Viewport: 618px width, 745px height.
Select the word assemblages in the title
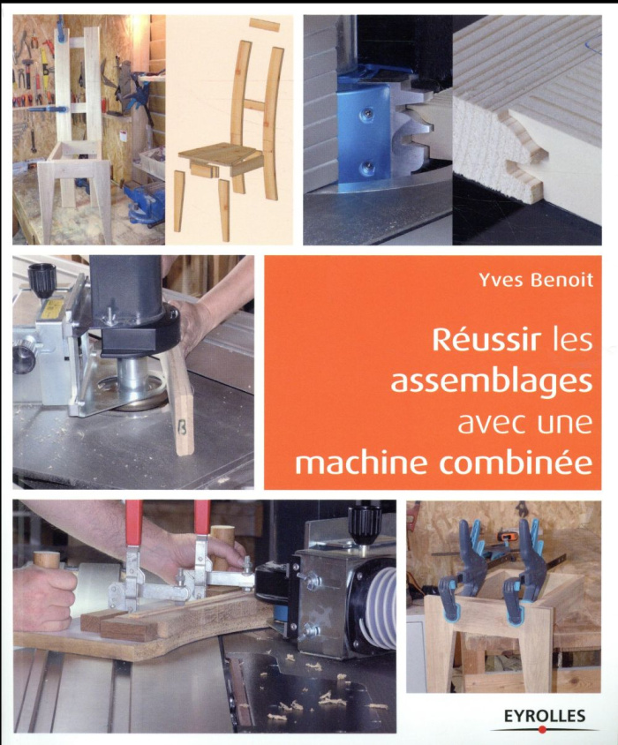click(x=492, y=381)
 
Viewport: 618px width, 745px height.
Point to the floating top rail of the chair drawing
click(x=264, y=25)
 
